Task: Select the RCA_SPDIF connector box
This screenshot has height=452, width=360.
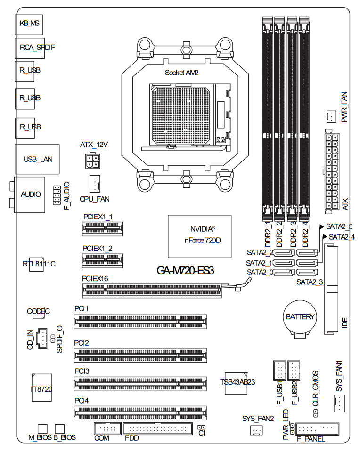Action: coord(29,48)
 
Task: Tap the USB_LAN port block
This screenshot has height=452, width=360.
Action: coord(36,159)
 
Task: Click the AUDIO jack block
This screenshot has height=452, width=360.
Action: coord(29,194)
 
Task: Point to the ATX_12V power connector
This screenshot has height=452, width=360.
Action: coord(93,161)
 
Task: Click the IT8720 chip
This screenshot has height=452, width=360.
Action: coord(41,388)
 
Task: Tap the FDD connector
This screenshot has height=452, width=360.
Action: coord(157,429)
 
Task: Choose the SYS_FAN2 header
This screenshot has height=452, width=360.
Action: coord(255,430)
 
